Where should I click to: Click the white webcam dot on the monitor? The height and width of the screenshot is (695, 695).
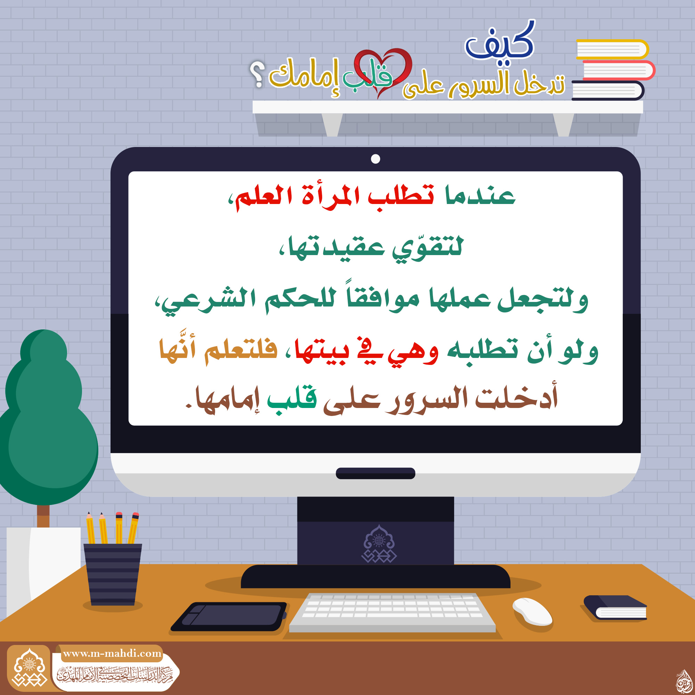(376, 159)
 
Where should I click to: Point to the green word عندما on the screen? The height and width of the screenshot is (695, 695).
(480, 196)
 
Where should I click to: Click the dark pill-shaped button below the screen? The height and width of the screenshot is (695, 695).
(376, 473)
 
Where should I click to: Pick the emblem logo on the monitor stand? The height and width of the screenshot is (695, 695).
(379, 543)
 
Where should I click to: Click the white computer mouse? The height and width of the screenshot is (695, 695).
(532, 611)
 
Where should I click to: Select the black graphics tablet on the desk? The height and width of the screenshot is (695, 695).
(229, 616)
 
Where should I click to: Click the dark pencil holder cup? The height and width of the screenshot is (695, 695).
(113, 574)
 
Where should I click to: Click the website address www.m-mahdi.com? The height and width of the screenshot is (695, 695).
(112, 653)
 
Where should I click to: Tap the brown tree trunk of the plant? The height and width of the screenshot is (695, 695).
(43, 516)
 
